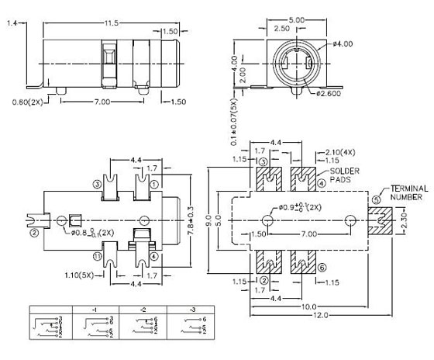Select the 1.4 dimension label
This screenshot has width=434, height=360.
(x=11, y=24)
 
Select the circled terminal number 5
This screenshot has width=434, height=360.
(x=377, y=199)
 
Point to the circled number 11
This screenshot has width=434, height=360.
(x=98, y=257)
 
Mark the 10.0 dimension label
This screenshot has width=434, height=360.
(x=307, y=306)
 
